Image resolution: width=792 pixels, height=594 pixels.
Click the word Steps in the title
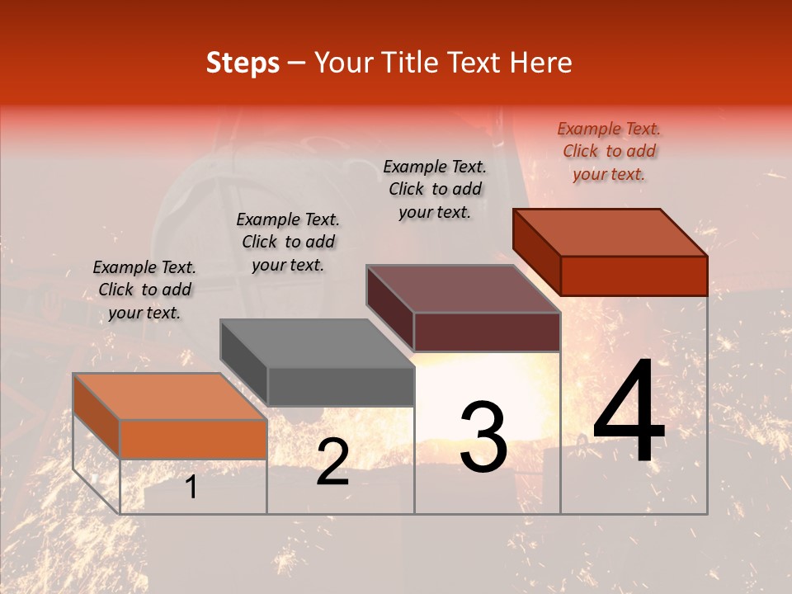[x=243, y=63]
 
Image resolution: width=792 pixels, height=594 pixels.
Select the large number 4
[x=629, y=414]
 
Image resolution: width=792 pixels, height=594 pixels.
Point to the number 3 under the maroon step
[x=483, y=437]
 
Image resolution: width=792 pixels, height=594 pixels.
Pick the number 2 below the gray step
[x=332, y=462]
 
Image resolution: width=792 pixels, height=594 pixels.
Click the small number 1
[x=191, y=488]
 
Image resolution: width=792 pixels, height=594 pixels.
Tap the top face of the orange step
[x=169, y=397]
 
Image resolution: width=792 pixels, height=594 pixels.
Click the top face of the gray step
[x=317, y=343]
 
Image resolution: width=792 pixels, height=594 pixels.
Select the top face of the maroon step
[x=463, y=289]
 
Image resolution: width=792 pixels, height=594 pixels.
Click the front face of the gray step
[x=341, y=386]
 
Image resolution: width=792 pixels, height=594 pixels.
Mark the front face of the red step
[x=634, y=276]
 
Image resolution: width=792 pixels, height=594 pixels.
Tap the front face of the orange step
[x=193, y=439]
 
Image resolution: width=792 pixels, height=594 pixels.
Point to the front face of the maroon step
[x=487, y=332]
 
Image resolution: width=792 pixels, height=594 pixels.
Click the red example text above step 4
[x=609, y=151]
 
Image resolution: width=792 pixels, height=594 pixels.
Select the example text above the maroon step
[x=435, y=189]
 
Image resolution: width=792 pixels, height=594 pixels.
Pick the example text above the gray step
[x=288, y=242]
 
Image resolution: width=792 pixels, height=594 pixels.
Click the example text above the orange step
[x=144, y=290]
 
